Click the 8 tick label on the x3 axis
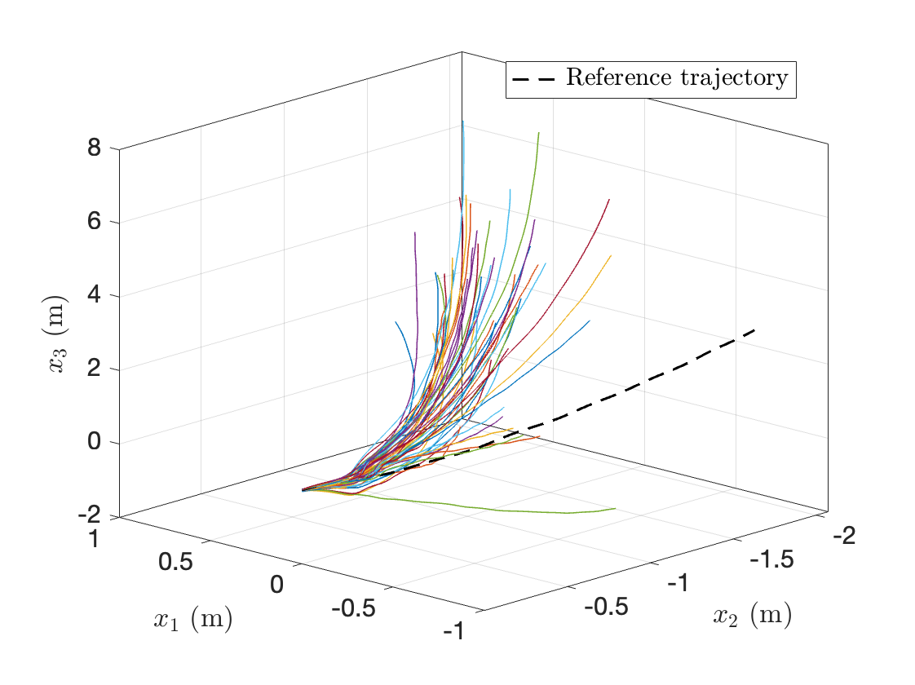pos(94,148)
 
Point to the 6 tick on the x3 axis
pos(94,221)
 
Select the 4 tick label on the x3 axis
pos(94,294)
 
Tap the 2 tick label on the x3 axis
pos(94,368)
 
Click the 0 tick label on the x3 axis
pos(94,441)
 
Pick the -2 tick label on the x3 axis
pos(89,515)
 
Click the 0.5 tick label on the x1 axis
pos(175,562)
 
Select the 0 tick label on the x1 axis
pos(276,585)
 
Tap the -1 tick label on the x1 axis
pos(453,630)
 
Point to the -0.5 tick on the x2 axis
pos(605,607)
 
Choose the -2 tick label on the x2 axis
pos(844,536)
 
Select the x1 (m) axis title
pos(193,621)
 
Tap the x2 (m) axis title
pos(752,616)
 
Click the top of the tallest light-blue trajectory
pos(462,122)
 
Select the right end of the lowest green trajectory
pos(615,509)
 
